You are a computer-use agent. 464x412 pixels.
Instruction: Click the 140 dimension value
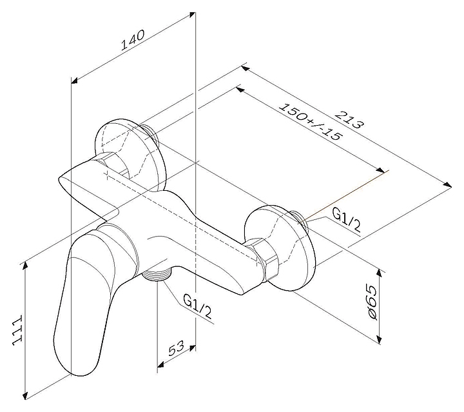[x=133, y=39]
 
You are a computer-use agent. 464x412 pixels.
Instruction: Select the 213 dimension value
[x=349, y=119]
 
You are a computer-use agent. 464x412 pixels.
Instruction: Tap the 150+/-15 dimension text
[x=311, y=122]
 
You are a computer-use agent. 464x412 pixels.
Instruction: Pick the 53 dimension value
[x=176, y=348]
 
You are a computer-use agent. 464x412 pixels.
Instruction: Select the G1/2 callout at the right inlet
[x=347, y=219]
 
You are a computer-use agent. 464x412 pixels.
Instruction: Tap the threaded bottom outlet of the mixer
[x=157, y=275]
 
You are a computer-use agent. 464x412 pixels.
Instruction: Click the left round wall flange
[x=130, y=154]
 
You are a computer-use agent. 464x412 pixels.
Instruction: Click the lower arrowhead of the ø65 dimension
[x=378, y=340]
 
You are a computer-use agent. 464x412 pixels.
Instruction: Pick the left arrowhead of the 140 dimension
[x=75, y=80]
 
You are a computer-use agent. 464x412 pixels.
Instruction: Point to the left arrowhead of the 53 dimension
[x=160, y=364]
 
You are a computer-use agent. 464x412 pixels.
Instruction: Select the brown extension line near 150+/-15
[x=347, y=195]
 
